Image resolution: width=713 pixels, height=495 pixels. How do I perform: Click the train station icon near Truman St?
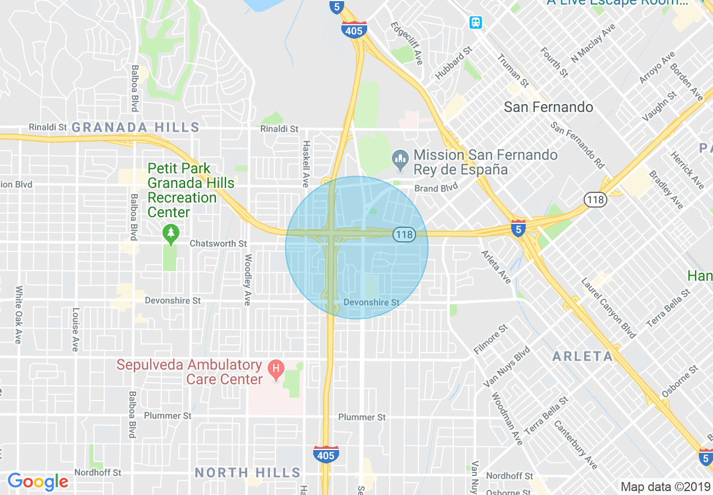tap(476, 22)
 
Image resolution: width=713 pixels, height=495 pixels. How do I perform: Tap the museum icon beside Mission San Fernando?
tap(400, 161)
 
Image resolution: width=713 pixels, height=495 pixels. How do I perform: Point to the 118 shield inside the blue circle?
tap(404, 235)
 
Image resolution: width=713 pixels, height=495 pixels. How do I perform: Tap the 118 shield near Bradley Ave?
tap(594, 199)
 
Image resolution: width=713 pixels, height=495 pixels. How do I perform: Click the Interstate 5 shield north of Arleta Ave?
tap(518, 228)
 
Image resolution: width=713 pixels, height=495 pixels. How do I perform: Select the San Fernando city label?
tap(548, 107)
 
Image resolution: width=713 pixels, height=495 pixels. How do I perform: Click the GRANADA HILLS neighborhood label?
tap(136, 127)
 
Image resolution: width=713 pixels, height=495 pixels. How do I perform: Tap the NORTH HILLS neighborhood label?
tap(248, 472)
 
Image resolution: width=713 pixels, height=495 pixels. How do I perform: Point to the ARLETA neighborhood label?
tap(583, 356)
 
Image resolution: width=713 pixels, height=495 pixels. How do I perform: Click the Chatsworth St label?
tap(218, 244)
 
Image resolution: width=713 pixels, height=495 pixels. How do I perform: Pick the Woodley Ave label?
tap(247, 280)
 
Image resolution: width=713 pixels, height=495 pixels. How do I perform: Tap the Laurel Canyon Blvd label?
tap(608, 308)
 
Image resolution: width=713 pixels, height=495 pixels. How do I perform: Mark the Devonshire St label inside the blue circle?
tap(371, 302)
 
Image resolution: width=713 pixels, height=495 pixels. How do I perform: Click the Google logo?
tap(38, 481)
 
